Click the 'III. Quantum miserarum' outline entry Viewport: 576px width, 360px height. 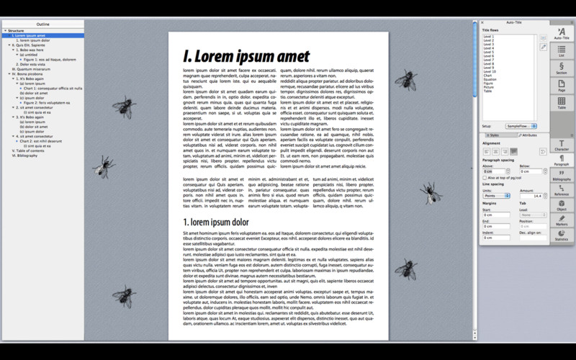click(x=27, y=69)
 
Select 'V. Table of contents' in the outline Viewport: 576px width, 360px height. click(x=24, y=150)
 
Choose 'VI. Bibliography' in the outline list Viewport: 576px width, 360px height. click(x=22, y=156)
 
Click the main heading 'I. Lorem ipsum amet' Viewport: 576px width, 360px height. click(x=246, y=55)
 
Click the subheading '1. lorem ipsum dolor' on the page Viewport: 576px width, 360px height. click(x=215, y=222)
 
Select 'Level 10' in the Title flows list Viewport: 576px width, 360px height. click(x=490, y=71)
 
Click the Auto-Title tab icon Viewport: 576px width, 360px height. click(x=562, y=32)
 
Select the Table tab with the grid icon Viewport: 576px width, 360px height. click(x=562, y=104)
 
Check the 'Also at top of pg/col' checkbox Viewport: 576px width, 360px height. click(x=485, y=178)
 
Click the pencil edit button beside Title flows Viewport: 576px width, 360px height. click(x=544, y=46)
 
